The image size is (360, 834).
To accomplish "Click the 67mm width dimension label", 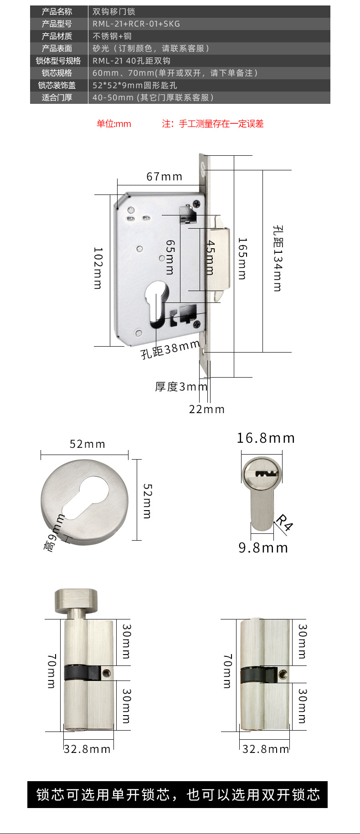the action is (164, 177).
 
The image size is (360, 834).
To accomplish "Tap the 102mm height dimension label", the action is (98, 268).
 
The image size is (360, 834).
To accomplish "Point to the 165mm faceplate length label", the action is (242, 258).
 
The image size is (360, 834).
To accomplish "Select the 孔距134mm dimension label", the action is (278, 258).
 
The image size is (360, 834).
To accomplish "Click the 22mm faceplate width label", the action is (207, 409).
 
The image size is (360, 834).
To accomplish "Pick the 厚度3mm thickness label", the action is (181, 387).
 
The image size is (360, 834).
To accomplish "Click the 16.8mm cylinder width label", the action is (266, 438).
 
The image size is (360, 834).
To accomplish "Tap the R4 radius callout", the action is (284, 522).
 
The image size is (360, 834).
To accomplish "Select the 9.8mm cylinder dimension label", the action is (263, 547).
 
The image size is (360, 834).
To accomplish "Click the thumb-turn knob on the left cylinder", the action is (77, 601).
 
